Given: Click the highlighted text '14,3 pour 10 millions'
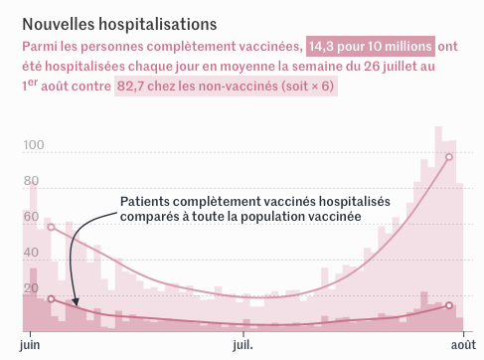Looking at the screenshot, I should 370,46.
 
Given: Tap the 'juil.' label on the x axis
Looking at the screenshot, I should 242,345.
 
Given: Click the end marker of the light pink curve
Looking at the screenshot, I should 449,157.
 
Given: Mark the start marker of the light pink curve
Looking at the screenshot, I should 52,227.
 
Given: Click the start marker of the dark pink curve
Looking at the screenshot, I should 52,298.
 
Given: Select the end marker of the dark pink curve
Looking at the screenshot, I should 449,305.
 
